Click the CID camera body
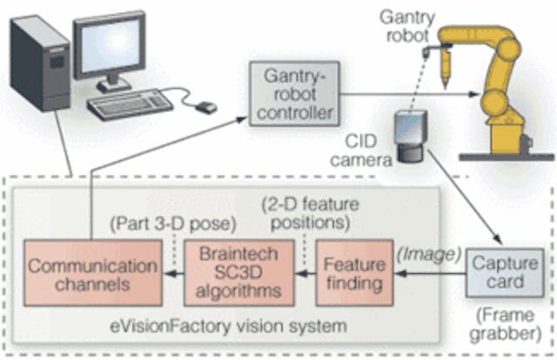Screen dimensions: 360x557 [408, 136]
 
